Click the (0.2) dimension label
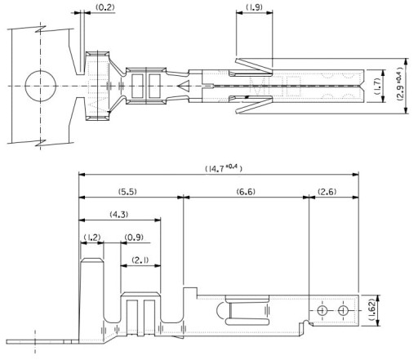[105, 7]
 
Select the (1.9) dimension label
[255, 7]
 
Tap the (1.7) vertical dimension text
[377, 87]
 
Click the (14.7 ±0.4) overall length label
[223, 168]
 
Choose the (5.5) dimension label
[127, 192]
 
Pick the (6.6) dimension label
[246, 192]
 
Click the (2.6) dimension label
[327, 192]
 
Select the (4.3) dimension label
[119, 215]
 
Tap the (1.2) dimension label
[92, 238]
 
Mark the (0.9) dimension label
[134, 238]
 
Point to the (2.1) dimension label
[140, 260]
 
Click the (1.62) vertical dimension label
[372, 310]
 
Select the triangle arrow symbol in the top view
[184, 86]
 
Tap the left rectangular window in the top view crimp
[137, 86]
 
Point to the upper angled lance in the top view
[254, 65]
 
